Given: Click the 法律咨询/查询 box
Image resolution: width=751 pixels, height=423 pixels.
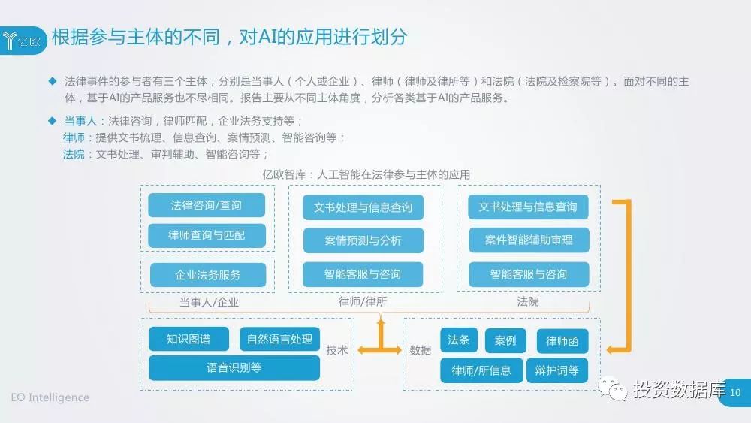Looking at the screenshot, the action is tap(206, 205).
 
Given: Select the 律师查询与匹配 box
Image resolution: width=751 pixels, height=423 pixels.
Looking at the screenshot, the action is tap(206, 236).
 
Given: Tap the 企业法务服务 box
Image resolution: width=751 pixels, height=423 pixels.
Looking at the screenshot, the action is tap(207, 275).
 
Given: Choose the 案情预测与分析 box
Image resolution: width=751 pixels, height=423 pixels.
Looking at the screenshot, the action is tap(363, 241).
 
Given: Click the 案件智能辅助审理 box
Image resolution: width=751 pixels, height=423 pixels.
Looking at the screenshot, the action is tap(528, 240).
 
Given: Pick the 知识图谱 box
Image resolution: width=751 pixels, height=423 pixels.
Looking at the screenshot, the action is tap(189, 340).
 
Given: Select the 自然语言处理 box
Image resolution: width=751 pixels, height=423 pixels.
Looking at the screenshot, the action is tap(279, 340).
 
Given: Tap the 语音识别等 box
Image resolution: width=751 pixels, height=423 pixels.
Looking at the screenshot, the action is tap(234, 368).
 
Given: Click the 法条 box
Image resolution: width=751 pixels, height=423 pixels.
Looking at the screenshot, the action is tap(458, 340).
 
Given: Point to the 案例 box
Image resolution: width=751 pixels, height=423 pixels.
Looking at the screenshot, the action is tap(505, 341).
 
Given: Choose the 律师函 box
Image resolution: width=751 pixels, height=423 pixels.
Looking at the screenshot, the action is tap(562, 342).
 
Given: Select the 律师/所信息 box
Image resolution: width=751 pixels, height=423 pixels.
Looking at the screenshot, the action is tap(481, 370).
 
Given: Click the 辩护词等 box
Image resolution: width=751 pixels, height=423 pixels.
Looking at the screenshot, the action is tap(557, 370).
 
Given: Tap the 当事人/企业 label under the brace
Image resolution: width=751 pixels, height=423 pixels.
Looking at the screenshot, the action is tap(208, 302).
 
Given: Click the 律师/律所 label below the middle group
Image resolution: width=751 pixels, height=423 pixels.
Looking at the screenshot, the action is tap(363, 302).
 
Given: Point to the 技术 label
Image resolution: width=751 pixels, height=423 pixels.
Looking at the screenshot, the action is tap(337, 350).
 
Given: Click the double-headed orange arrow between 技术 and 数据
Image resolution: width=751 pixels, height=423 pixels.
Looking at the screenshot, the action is tap(380, 350).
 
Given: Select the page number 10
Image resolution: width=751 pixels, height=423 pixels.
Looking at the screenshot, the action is tap(735, 393).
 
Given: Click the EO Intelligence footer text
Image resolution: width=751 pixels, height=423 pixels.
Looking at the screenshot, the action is tap(50, 397).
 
